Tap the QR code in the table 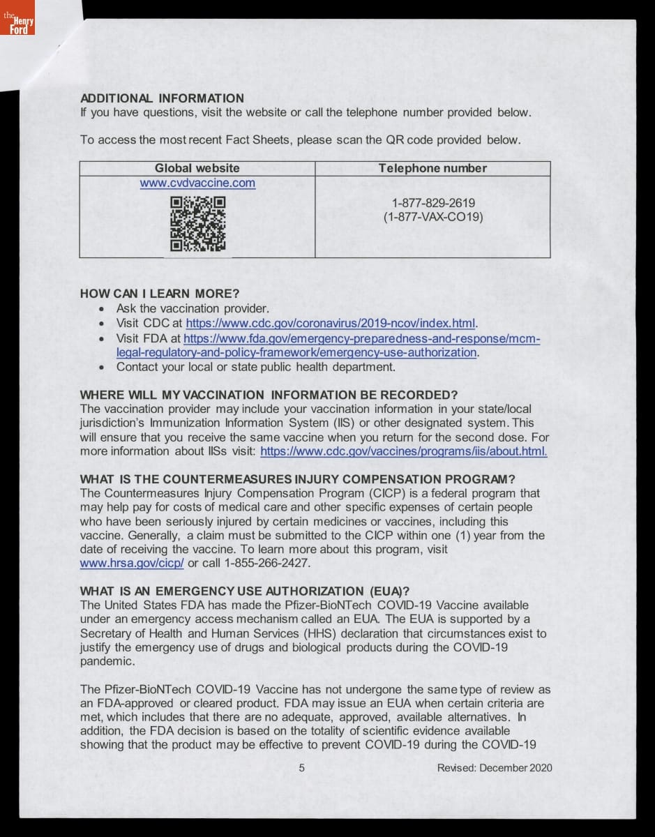point(198,223)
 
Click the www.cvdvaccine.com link point(197,183)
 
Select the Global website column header point(197,168)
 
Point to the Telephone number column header point(432,168)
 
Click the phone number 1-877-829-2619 point(433,203)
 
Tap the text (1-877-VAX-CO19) point(433,217)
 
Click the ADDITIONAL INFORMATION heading point(162,98)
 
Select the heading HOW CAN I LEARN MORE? point(160,293)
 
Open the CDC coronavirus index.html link point(330,324)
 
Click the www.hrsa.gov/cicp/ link point(133,564)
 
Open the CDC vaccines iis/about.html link point(403,451)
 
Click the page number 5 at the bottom point(301,768)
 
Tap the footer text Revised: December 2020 point(495,768)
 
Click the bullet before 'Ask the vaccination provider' point(103,309)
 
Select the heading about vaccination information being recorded point(269,395)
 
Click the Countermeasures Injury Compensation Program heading point(297,479)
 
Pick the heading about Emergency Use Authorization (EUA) point(244,591)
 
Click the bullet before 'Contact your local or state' point(103,368)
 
